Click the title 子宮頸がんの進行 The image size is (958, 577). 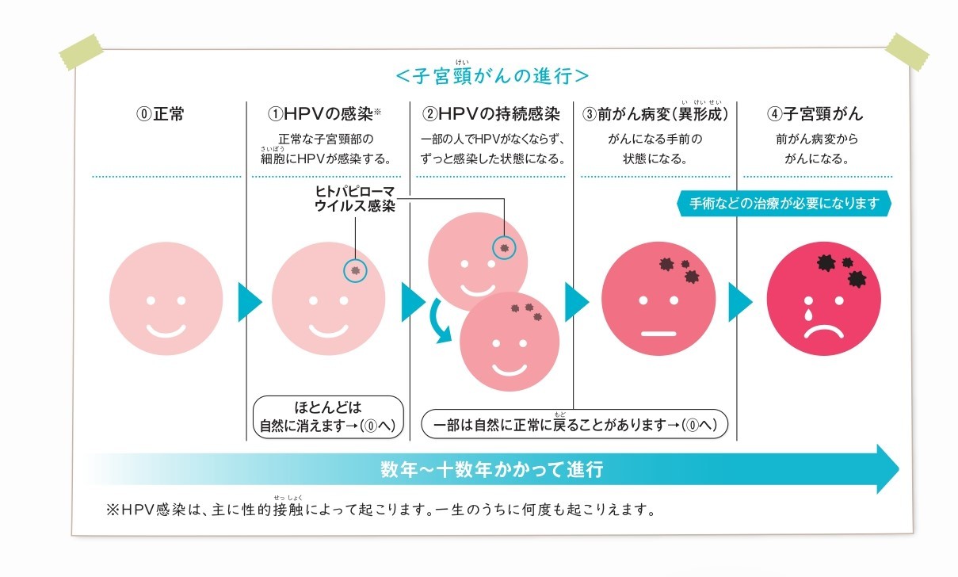(x=491, y=77)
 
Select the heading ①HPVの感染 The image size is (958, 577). (x=325, y=113)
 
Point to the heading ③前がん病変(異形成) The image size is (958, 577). (x=655, y=113)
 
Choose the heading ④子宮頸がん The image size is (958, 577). (x=815, y=113)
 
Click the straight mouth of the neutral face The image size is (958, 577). (x=656, y=332)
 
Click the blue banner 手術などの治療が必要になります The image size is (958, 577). (x=784, y=204)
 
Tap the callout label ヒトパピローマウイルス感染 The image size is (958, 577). (x=354, y=199)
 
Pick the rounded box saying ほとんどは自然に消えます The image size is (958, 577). (x=327, y=417)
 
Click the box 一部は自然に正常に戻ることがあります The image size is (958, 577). (x=574, y=424)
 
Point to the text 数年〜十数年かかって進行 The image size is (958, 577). (x=491, y=469)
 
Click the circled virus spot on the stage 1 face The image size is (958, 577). (x=355, y=270)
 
